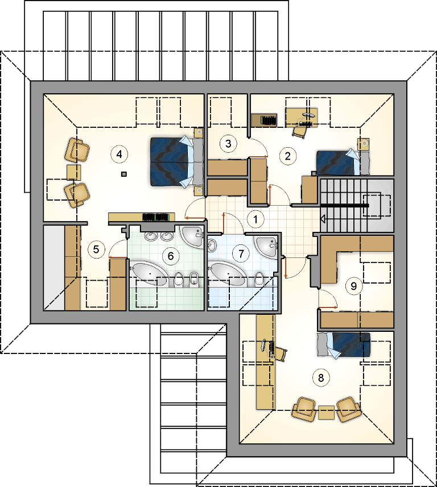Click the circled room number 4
point(119,154)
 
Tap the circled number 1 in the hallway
point(255,219)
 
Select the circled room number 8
point(321,378)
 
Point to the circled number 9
point(354,286)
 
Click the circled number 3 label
point(229,144)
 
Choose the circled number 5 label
point(96,249)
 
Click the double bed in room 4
point(176,162)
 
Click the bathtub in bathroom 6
point(150,274)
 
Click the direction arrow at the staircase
point(323,219)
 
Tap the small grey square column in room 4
point(124,174)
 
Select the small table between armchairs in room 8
point(326,413)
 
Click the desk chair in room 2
point(300,132)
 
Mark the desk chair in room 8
point(281,353)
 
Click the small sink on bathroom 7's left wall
point(212,245)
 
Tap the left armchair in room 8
point(304,410)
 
